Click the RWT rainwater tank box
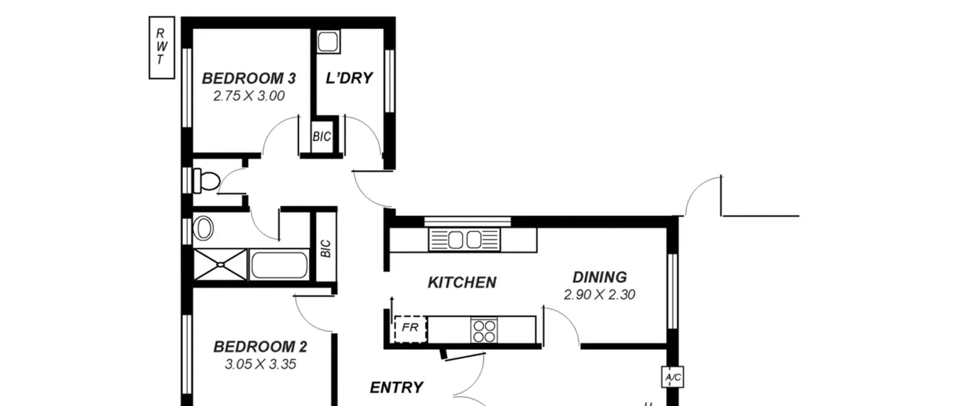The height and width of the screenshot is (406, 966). pyautogui.click(x=162, y=48)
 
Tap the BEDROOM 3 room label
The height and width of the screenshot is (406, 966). pyautogui.click(x=249, y=79)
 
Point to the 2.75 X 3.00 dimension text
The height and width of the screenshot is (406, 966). pyautogui.click(x=249, y=96)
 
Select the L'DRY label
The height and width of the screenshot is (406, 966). pyautogui.click(x=349, y=78)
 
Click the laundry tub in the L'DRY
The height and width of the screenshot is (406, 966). pyautogui.click(x=328, y=42)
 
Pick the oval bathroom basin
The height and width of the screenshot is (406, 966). pyautogui.click(x=203, y=228)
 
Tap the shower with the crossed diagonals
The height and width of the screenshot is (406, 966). pyautogui.click(x=220, y=265)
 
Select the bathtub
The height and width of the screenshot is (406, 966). pyautogui.click(x=279, y=265)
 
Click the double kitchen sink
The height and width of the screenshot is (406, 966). pyautogui.click(x=465, y=239)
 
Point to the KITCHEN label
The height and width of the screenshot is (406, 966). pyautogui.click(x=462, y=283)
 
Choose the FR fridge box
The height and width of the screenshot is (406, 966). pyautogui.click(x=410, y=329)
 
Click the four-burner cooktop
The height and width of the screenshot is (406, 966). pyautogui.click(x=484, y=330)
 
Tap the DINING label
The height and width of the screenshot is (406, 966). pyautogui.click(x=600, y=277)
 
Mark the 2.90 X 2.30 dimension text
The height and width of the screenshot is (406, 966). pyautogui.click(x=600, y=295)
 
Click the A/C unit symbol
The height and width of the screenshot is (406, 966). pyautogui.click(x=673, y=377)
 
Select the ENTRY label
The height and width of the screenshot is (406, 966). pyautogui.click(x=397, y=387)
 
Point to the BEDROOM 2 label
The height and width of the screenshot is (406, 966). pyautogui.click(x=260, y=347)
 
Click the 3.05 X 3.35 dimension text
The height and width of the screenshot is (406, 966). pyautogui.click(x=260, y=364)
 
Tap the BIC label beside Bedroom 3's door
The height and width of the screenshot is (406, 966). pyautogui.click(x=322, y=136)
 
